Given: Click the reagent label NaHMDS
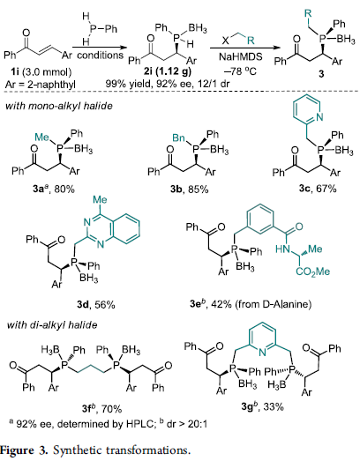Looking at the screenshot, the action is (x=241, y=56).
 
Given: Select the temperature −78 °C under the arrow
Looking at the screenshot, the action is (x=241, y=71).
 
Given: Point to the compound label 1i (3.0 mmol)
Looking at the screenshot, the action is (x=37, y=71).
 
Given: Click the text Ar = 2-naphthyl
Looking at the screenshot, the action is (x=41, y=85).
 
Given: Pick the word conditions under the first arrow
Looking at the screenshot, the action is (x=100, y=56).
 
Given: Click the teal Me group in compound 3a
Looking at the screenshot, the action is (x=42, y=137).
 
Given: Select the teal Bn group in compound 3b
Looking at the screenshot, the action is (x=178, y=138).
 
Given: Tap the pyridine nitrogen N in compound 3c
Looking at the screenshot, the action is (x=319, y=117).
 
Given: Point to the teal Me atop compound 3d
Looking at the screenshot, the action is (x=100, y=199).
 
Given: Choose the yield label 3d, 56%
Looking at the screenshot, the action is (x=96, y=305).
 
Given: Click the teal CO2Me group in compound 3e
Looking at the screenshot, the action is (x=313, y=271).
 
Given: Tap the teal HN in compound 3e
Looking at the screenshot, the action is (x=282, y=249).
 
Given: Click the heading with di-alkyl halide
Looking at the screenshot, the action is (x=52, y=325).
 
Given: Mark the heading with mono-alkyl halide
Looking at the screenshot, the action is (x=59, y=106).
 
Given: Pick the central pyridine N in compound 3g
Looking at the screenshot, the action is (x=263, y=352).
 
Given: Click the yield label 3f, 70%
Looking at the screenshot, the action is (x=101, y=408).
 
